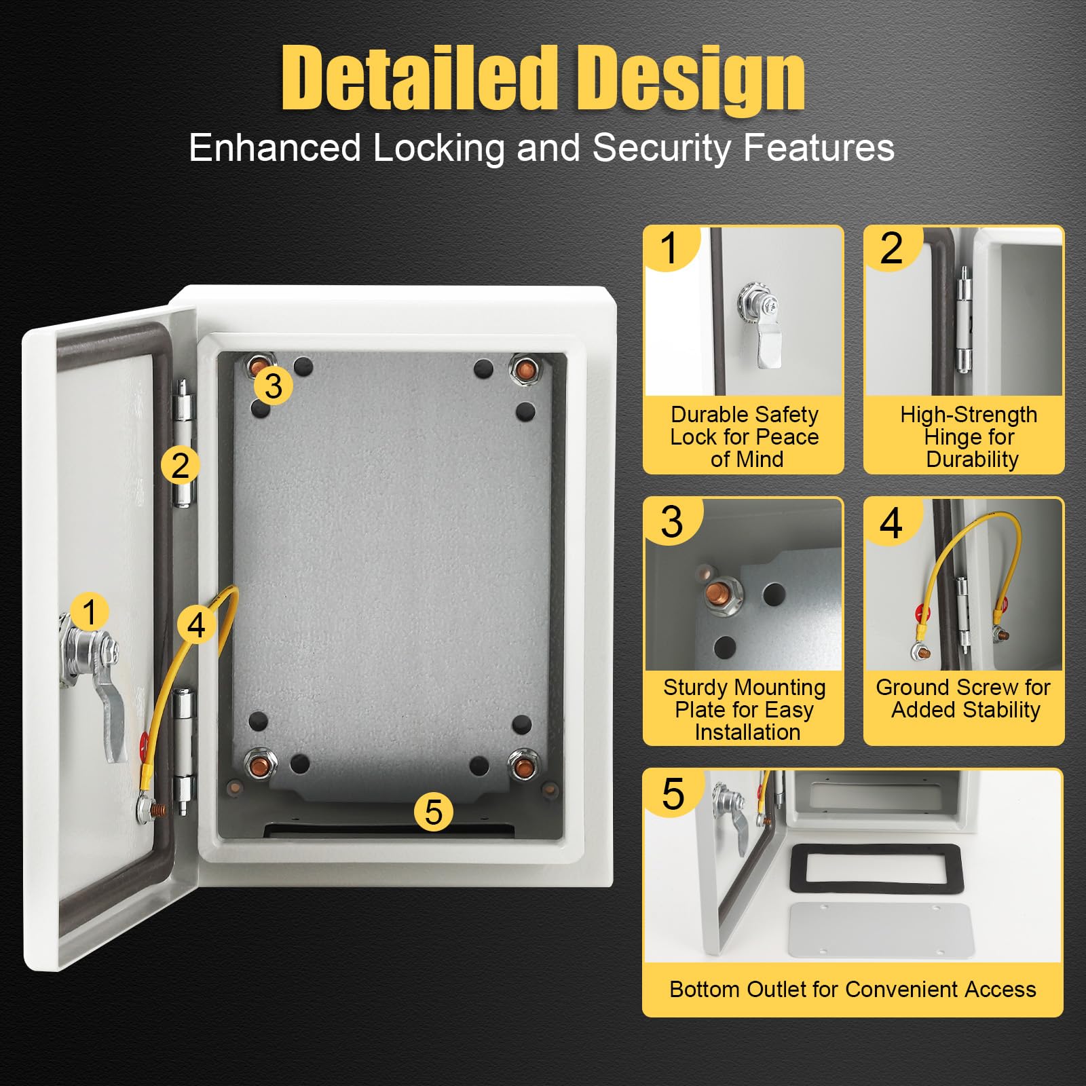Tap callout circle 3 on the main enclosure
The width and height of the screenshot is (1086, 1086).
click(x=273, y=386)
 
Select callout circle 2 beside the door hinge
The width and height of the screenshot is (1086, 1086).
click(x=180, y=466)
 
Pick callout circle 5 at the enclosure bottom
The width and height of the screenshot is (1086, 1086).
click(x=434, y=812)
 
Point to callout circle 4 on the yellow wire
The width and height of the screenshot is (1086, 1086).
click(x=196, y=624)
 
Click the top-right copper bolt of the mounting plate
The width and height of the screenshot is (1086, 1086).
click(x=524, y=370)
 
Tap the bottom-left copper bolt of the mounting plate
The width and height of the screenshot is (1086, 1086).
click(x=259, y=766)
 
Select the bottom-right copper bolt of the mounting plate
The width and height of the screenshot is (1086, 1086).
click(x=523, y=766)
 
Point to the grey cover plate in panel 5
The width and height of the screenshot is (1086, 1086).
click(x=882, y=930)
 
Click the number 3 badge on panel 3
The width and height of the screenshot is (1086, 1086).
click(x=672, y=521)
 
